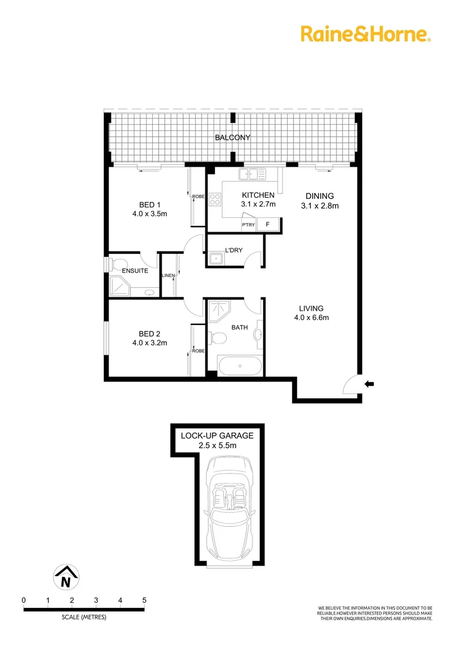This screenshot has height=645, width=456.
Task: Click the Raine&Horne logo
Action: [x=365, y=33]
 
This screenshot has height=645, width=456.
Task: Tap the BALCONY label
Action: [x=233, y=137]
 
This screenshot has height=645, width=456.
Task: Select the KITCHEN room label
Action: [x=258, y=195]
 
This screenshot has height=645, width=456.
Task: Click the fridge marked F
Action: [x=267, y=225]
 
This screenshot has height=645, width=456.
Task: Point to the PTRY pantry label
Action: [x=248, y=225]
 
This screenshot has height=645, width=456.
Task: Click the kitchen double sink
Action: [x=252, y=174]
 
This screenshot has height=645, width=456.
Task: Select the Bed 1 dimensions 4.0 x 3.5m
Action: [x=149, y=213]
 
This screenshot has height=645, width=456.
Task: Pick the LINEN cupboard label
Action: [x=168, y=275]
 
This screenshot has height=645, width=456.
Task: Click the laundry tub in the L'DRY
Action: [x=215, y=258]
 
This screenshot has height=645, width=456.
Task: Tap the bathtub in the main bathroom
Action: [x=239, y=366]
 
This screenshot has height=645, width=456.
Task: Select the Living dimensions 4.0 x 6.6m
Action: [x=312, y=318]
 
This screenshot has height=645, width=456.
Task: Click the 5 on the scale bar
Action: [x=144, y=600]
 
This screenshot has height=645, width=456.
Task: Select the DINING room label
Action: [x=319, y=196]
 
